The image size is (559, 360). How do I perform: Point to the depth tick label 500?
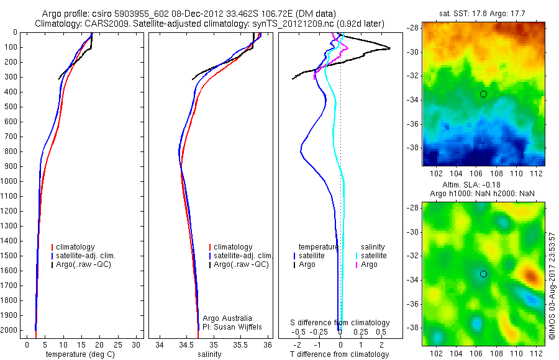pos(11,107)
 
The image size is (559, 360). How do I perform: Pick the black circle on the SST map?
pos(483,94)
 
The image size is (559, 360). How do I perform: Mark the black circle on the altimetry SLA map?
pos(483,274)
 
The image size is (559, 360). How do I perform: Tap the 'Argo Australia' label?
pos(227,318)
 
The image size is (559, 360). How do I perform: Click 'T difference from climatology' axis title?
pos(340,354)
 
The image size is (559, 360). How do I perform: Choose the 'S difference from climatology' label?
pos(340,323)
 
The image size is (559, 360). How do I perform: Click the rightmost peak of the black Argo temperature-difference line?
pos(390,48)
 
